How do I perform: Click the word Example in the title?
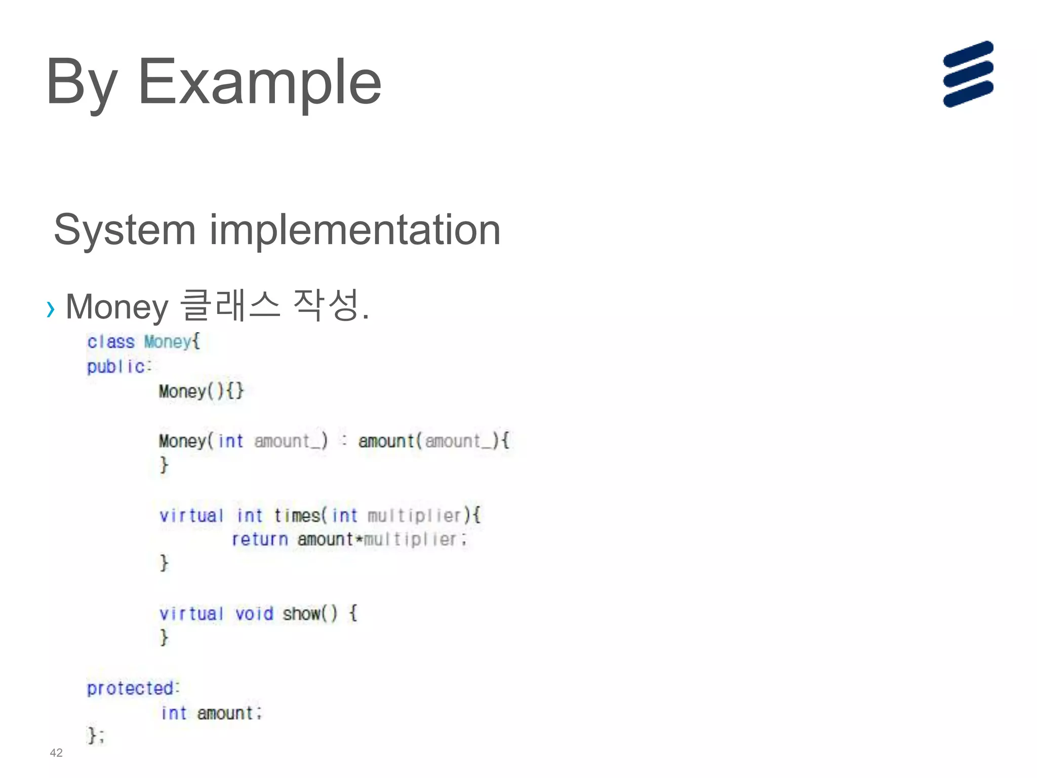(x=259, y=82)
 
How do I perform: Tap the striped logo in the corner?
(x=968, y=74)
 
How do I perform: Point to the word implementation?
(x=355, y=230)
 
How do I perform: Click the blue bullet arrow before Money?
(x=50, y=308)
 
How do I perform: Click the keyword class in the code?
(x=111, y=342)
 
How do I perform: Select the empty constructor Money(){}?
(x=201, y=391)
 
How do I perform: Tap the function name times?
(x=297, y=516)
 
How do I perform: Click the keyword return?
(x=260, y=539)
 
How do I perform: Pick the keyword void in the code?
(x=254, y=614)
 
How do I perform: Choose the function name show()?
(x=310, y=614)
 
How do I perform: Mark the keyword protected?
(x=131, y=688)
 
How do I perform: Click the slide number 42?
(x=56, y=753)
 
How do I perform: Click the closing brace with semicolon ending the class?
(x=96, y=735)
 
